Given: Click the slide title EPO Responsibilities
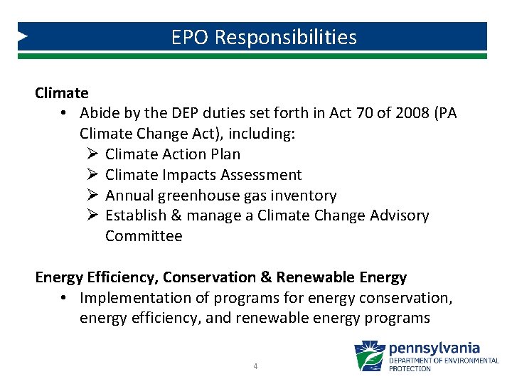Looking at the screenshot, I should (x=264, y=37).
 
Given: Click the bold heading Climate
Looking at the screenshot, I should (x=62, y=92).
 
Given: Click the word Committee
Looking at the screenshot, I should (x=144, y=236).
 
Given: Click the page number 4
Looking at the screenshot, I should (x=256, y=366).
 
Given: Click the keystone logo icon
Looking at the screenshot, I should (x=370, y=356).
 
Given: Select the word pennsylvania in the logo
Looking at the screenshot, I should (x=434, y=348).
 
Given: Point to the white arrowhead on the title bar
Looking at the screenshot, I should (x=23, y=36).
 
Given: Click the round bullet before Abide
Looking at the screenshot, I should (x=64, y=113).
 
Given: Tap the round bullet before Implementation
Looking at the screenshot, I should (x=64, y=297).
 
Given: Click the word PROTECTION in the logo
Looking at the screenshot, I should (x=410, y=368).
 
